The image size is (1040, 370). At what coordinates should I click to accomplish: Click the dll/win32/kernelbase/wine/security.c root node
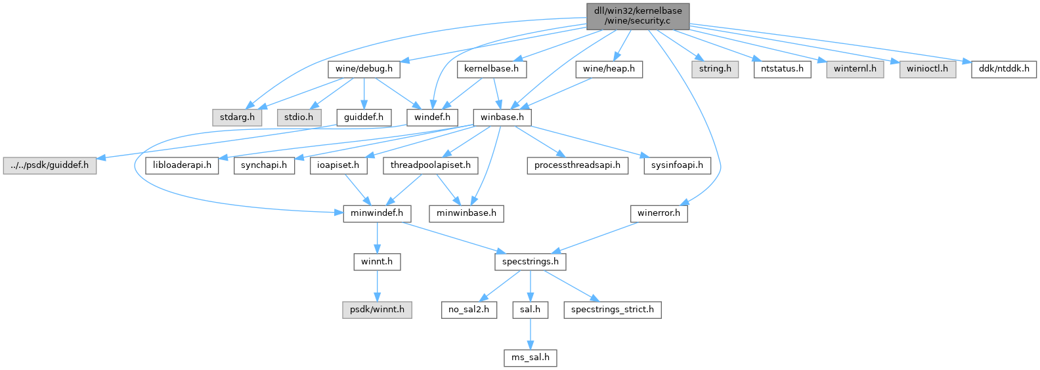click(637, 16)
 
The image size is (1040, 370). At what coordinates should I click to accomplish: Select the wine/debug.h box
click(364, 69)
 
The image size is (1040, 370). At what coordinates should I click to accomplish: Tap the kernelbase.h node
click(491, 69)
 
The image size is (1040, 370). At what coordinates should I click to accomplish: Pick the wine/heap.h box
click(609, 69)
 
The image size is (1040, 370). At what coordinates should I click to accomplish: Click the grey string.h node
click(715, 69)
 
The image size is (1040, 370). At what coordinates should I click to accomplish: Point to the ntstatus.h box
click(783, 69)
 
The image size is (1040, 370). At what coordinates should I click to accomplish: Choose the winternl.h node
click(855, 69)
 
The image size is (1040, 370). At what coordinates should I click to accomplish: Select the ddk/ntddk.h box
click(1003, 69)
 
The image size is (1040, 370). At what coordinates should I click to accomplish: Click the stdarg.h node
click(237, 117)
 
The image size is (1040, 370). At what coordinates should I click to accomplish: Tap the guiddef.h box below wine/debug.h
click(364, 117)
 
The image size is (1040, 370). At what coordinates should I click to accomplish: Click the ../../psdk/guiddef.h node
click(49, 165)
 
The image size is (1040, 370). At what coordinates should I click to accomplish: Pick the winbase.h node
click(502, 117)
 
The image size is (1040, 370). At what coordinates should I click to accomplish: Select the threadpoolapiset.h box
click(431, 165)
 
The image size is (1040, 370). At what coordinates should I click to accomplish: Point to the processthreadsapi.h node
click(577, 165)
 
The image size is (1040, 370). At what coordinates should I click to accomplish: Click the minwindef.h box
click(377, 213)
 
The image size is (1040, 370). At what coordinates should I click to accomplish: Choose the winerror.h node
click(659, 213)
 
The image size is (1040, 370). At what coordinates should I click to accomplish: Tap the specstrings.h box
click(530, 262)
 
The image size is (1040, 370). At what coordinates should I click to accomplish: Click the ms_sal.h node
click(530, 358)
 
